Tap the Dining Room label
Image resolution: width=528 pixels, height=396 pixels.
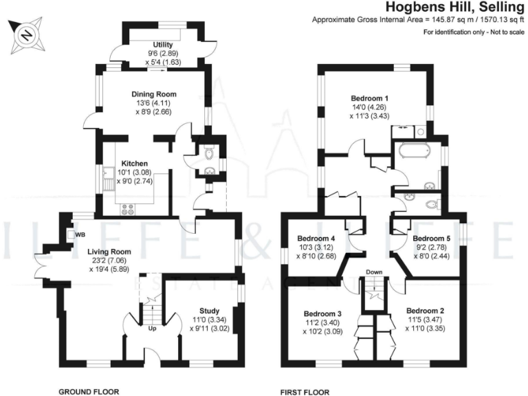[154, 94]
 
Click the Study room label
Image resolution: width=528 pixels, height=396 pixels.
[210, 311]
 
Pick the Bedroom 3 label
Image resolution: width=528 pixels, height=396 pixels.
[323, 314]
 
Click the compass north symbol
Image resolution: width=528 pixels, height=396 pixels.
[26, 35]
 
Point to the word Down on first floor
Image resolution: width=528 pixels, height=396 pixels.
[374, 272]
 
